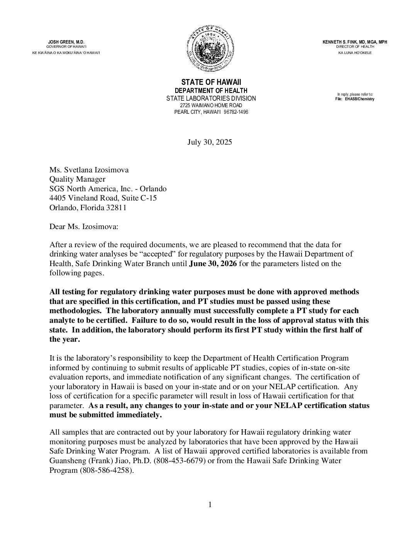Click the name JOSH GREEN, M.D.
pyautogui.click(x=66, y=42)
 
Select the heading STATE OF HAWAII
pyautogui.click(x=211, y=82)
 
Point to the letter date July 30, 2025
pyautogui.click(x=210, y=142)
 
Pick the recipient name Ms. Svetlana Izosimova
pyautogui.click(x=89, y=170)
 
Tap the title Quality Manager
pyautogui.click(x=77, y=179)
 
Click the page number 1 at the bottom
pyautogui.click(x=210, y=505)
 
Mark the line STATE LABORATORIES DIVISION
pyautogui.click(x=211, y=99)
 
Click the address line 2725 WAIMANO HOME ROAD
pyautogui.click(x=211, y=105)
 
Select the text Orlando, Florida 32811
pyautogui.click(x=88, y=208)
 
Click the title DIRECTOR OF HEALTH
pyautogui.click(x=355, y=47)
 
